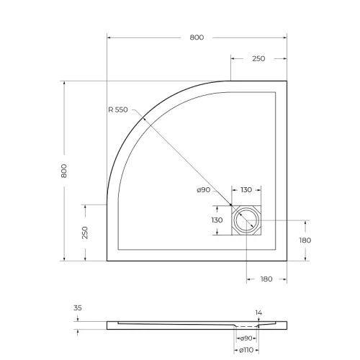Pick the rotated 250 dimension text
84,233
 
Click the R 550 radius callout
117,110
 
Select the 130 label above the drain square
246,190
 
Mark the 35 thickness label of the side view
77,307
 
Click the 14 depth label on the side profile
258,313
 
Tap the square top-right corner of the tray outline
287,80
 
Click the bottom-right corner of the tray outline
287,261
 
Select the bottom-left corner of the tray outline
107,261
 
